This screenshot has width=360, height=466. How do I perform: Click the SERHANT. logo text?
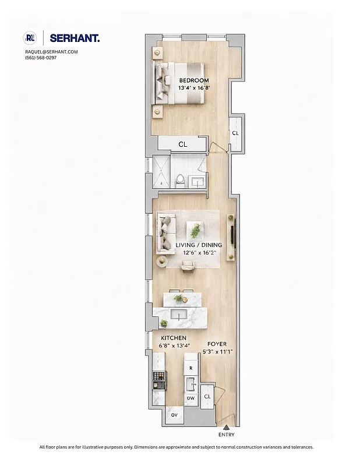pos(75,38)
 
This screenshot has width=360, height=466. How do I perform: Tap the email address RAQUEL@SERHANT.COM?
pos(51,52)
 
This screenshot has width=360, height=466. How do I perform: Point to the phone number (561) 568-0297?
pos(41,57)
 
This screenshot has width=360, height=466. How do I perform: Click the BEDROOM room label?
pos(193,80)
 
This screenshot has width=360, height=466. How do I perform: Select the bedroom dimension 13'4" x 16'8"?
pos(193,88)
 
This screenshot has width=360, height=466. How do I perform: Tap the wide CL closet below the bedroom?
pos(182,144)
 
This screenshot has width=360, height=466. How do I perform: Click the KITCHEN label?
pos(174,338)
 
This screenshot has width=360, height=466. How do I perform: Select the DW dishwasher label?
pos(190,398)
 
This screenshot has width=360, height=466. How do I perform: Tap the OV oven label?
pos(174,415)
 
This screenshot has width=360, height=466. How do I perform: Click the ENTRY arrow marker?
pos(227,428)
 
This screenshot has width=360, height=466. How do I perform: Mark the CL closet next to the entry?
pos(207,396)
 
